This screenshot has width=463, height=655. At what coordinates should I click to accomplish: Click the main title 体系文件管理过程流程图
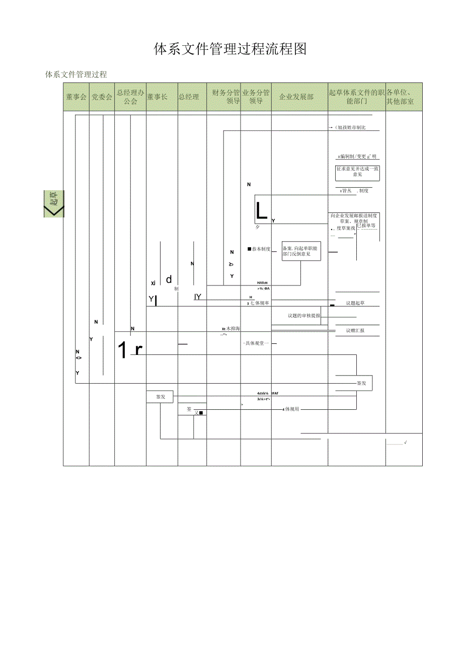pos(230,49)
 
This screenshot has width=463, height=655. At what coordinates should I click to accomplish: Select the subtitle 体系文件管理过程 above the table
pos(76,75)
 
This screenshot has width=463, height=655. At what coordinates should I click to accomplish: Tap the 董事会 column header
pos(76,97)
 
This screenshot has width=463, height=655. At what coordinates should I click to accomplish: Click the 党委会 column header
pos(102,97)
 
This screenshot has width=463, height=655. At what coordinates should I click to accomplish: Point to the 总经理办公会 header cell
pos(130,97)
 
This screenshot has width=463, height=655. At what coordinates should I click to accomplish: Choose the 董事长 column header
pos(157,97)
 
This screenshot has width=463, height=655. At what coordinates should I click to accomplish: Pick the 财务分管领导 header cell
pos(226,97)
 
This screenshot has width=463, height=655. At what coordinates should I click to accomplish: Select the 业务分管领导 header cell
pos(256,97)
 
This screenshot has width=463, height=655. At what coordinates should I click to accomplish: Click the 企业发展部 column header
pos(296,97)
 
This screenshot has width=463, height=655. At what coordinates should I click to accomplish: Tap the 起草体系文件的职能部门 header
pos(357,97)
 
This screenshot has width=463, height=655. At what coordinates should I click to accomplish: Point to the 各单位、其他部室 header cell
pos(401,97)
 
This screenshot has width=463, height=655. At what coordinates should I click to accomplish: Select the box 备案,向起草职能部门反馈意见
pos(301,251)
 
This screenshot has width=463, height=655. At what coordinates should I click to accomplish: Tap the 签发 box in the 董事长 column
pos(160,397)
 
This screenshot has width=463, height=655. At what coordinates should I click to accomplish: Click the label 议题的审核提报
pos(303,316)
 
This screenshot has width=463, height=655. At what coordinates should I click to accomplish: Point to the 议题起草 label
pos(355,303)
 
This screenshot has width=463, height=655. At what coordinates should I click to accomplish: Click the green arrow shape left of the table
pos(54,204)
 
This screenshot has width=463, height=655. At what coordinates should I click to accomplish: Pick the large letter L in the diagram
pos(261,211)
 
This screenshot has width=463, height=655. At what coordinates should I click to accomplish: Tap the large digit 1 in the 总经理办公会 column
pos(123,350)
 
